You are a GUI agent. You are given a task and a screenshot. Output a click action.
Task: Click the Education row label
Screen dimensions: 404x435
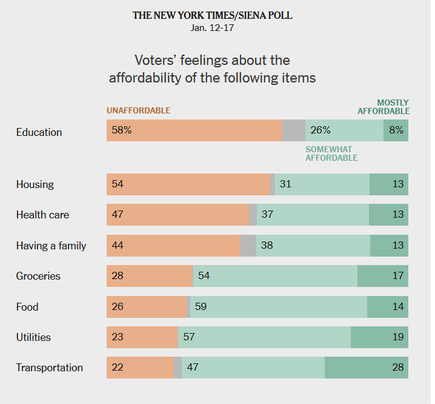39,132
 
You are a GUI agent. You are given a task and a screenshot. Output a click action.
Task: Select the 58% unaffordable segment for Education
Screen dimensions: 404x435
194,130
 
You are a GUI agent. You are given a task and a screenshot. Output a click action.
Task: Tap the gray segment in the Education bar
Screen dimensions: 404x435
294,130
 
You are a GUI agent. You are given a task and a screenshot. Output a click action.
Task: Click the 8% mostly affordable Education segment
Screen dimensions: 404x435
396,130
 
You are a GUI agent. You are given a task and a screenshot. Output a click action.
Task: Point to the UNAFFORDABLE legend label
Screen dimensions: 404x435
138,110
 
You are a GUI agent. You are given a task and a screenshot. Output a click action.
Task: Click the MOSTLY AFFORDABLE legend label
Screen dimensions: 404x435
384,107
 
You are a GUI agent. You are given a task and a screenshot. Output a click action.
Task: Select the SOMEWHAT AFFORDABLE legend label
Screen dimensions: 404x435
331,153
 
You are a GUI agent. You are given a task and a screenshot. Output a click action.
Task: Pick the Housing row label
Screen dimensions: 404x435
35,184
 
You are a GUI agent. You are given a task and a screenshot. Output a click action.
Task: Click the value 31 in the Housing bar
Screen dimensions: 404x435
285,184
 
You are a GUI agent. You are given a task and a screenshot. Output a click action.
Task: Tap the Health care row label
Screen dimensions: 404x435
42,215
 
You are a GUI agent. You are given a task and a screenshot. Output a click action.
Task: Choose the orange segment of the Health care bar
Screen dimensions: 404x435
178,215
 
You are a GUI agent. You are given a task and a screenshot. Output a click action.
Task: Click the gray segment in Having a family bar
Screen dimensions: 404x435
248,246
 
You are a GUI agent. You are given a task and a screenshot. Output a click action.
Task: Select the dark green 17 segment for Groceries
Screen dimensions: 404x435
382,276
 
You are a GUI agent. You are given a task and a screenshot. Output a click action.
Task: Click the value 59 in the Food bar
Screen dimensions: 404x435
201,307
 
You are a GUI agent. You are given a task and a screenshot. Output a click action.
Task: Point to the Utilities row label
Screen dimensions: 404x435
33,337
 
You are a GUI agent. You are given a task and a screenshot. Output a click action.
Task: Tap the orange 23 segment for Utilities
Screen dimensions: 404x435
142,337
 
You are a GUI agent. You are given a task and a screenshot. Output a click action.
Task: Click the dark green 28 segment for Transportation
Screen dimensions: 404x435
366,368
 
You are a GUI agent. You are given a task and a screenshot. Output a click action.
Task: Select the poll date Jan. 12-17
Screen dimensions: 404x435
212,28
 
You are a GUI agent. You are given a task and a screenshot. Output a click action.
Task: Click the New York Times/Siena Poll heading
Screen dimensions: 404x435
212,15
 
